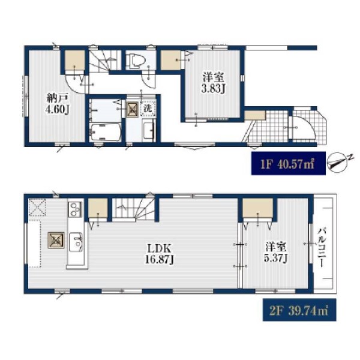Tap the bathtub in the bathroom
[x=106, y=132]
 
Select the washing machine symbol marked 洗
[x=148, y=108]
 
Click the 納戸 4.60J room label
[x=58, y=104]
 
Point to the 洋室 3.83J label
[x=213, y=83]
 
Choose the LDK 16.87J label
[x=160, y=254]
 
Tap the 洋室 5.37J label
[x=275, y=253]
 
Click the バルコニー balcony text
[x=322, y=247]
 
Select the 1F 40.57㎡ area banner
[x=289, y=163]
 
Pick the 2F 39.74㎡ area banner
[x=299, y=310]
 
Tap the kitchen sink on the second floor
[x=76, y=242]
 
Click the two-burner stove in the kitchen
[x=75, y=209]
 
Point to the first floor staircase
[x=105, y=60]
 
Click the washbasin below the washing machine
[x=149, y=131]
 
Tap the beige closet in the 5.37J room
[x=258, y=208]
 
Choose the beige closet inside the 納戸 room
[x=75, y=59]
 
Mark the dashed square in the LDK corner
[x=37, y=208]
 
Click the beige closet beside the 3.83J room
[x=171, y=60]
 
